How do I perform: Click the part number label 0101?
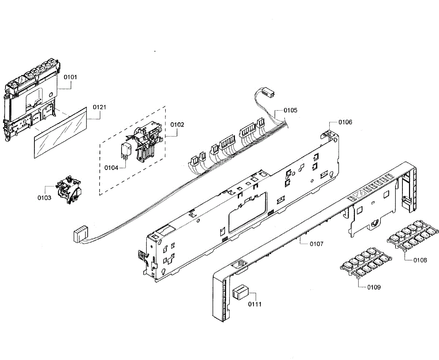(71, 77)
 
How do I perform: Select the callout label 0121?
(100, 107)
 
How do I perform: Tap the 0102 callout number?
(177, 124)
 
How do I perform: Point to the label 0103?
(45, 197)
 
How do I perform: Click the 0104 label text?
(111, 168)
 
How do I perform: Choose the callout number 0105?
(290, 110)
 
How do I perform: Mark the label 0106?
(345, 122)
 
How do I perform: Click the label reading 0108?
(420, 260)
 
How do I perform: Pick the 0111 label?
(255, 304)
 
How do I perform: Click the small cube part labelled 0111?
(240, 292)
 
